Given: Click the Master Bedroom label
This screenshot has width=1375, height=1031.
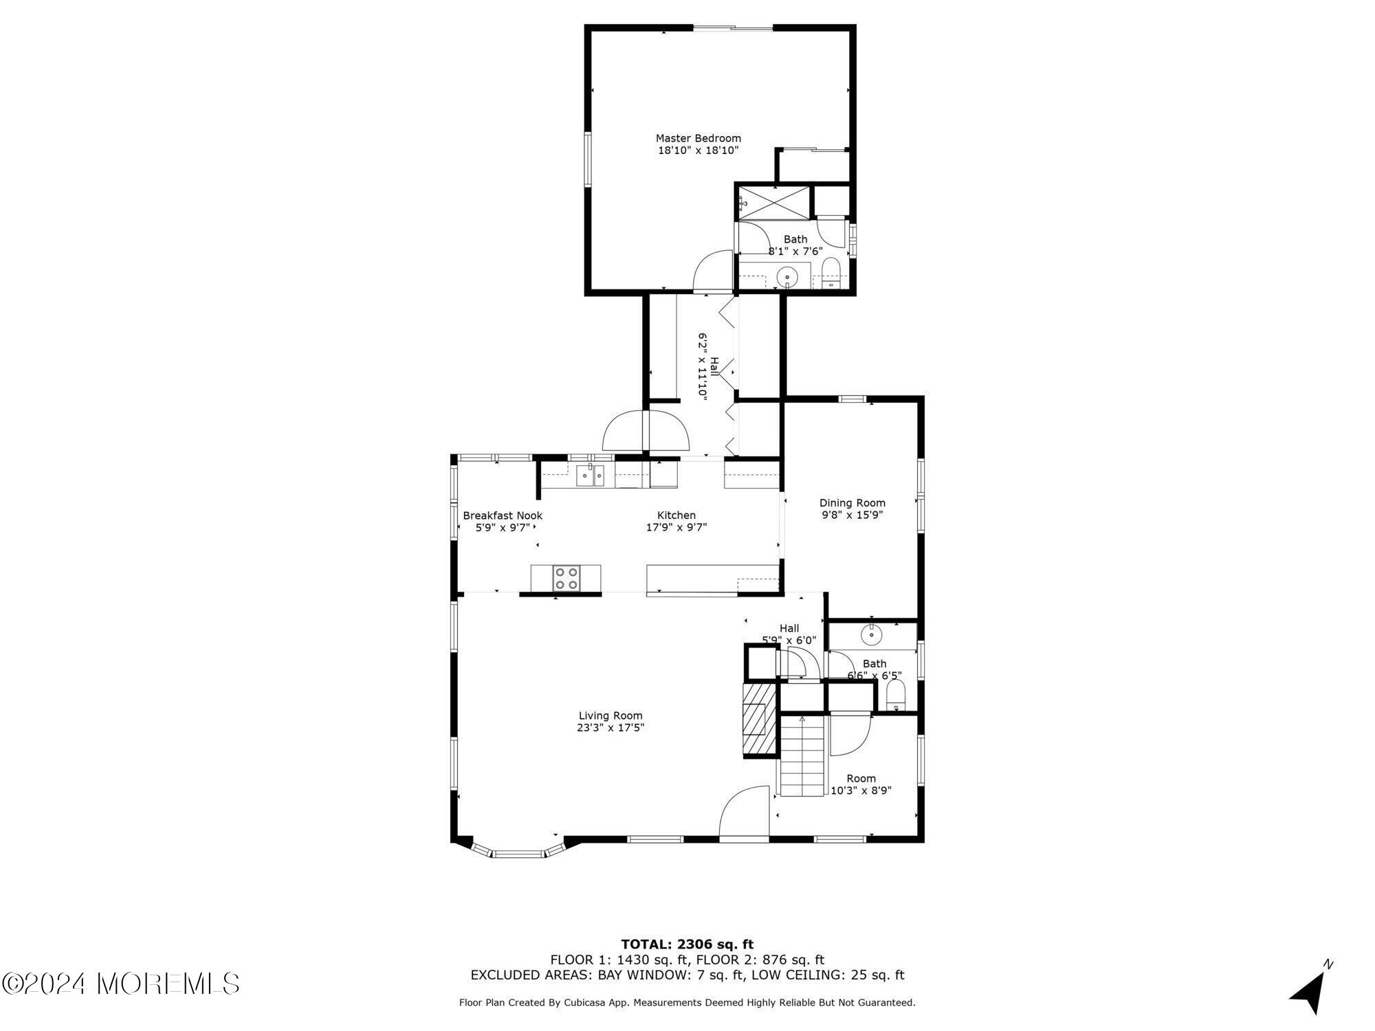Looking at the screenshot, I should pos(698,138).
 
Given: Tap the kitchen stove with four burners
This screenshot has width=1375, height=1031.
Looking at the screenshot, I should pos(567,578).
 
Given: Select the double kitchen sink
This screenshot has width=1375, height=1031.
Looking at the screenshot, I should pos(590,475).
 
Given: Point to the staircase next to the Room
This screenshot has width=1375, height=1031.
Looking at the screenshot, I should pos(802,756).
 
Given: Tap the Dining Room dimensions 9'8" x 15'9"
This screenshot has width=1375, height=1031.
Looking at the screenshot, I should pos(852,514).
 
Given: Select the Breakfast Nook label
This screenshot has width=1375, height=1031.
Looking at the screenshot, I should pos(503,515).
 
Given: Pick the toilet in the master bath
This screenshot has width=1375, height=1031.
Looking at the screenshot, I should pos(831,274).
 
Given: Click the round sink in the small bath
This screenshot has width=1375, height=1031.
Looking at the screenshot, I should pos(872,634).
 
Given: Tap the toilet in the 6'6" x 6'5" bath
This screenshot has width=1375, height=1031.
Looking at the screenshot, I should pos(895,696).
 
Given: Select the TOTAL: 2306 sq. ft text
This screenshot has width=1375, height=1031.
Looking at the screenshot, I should pos(687,944).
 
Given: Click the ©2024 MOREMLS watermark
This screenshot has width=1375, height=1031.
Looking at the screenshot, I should pos(120,984).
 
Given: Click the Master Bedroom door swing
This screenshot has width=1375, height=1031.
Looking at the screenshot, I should pos(712,271).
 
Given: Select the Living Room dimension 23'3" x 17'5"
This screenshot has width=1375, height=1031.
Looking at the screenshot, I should pos(610,728).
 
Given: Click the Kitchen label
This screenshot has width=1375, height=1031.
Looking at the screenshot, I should pos(676,515).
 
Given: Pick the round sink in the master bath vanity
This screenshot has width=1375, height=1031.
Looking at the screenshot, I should pos(786,278).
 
